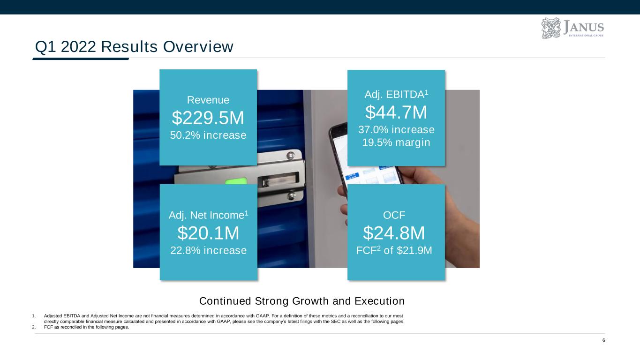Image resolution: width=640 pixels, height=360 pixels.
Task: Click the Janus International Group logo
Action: (x=572, y=28)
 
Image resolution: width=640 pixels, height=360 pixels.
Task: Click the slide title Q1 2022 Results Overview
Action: (x=134, y=46)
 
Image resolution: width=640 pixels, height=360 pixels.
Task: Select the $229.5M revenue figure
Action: (x=208, y=118)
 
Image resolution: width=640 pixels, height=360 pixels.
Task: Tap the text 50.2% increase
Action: (x=208, y=135)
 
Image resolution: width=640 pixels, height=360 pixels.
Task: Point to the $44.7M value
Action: (x=396, y=112)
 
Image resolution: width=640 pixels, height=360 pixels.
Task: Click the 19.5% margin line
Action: (x=396, y=142)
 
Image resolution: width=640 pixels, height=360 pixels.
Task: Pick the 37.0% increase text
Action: (x=396, y=130)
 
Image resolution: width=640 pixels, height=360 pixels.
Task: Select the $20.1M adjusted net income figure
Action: (x=208, y=233)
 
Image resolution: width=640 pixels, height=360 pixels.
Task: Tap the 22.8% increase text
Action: (x=208, y=250)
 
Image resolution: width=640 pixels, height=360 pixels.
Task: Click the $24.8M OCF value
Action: (x=394, y=233)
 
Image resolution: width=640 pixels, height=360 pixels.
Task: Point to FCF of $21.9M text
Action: (x=394, y=250)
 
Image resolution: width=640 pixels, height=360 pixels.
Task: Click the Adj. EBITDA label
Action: (x=396, y=94)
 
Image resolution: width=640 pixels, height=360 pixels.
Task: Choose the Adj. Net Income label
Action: (x=208, y=215)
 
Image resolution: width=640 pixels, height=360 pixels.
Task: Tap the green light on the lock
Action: (x=236, y=181)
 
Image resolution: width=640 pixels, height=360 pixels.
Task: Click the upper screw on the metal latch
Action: (x=291, y=156)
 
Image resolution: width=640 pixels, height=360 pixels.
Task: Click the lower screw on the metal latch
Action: (x=292, y=196)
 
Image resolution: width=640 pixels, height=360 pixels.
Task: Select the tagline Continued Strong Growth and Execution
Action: (x=302, y=301)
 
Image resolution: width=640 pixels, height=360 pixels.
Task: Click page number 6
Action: (x=604, y=340)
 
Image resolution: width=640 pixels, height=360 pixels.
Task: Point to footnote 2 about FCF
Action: (x=81, y=327)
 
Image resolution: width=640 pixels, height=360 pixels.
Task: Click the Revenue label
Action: (x=208, y=100)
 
